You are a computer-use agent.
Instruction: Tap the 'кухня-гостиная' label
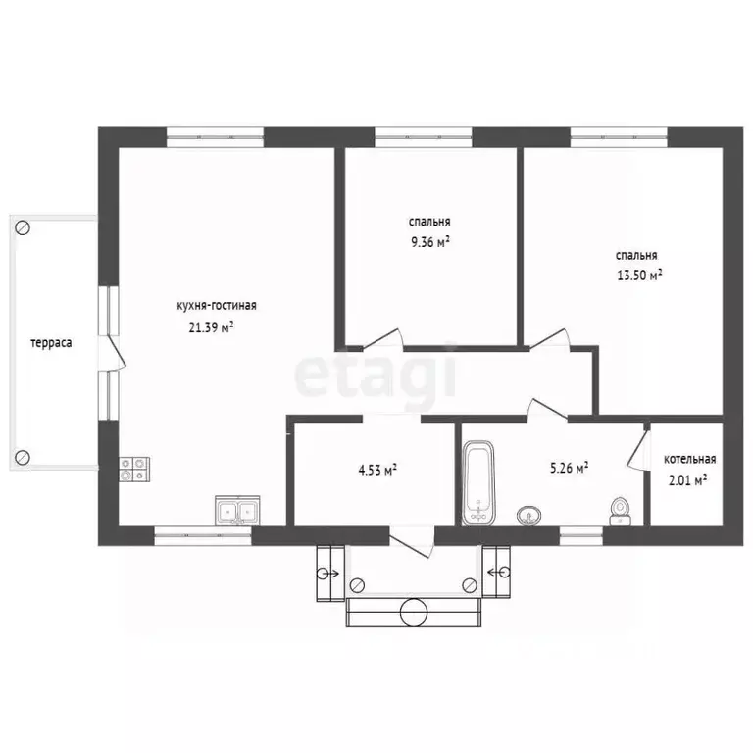coord(217,305)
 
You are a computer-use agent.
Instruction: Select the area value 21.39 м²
coord(212,327)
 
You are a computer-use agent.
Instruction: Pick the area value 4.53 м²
coord(376,470)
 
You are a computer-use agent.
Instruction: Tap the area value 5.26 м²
coord(569,469)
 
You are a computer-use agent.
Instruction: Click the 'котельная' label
coord(689,459)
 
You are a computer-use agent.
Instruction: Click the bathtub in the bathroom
coord(477,482)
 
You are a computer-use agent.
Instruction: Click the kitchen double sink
coord(236,510)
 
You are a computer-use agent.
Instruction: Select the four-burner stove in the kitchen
coord(134,470)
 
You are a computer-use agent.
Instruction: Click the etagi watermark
coord(376,373)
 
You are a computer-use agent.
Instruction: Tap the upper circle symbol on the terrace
coord(24,227)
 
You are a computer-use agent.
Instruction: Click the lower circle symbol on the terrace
coord(22,456)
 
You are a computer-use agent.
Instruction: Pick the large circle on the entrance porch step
coord(415,612)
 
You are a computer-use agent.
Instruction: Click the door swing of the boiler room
coord(636,446)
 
